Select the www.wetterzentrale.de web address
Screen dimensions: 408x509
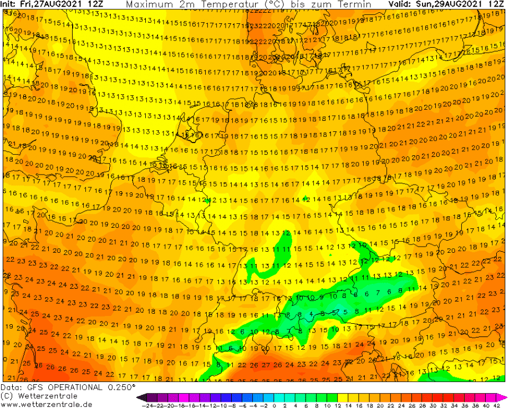click(x=47, y=404)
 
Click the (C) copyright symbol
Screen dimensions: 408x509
click(x=7, y=396)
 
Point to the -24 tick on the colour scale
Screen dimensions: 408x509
click(x=147, y=405)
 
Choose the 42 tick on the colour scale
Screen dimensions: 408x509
click(x=493, y=405)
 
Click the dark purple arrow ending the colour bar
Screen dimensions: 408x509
click(x=140, y=397)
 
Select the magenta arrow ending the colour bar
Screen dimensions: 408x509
click(x=502, y=397)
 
